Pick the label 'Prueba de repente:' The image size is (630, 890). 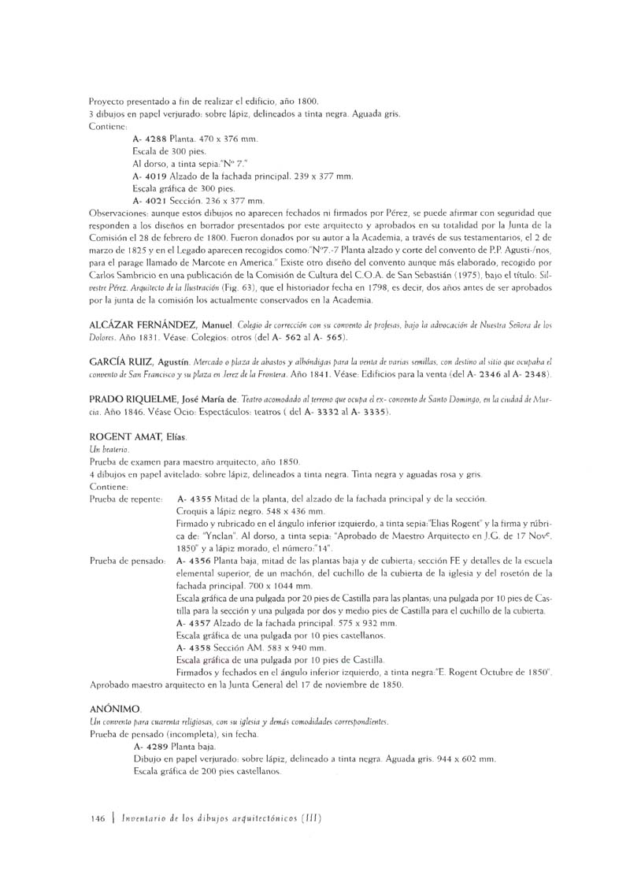(x=127, y=499)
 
